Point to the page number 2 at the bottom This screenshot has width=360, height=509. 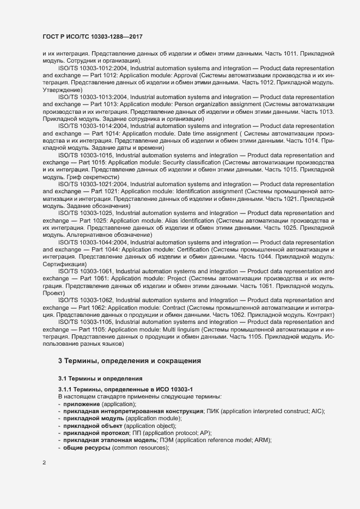[x=45, y=463]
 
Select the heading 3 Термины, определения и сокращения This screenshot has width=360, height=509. [x=130, y=360]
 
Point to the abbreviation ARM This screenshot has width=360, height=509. [x=264, y=439]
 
